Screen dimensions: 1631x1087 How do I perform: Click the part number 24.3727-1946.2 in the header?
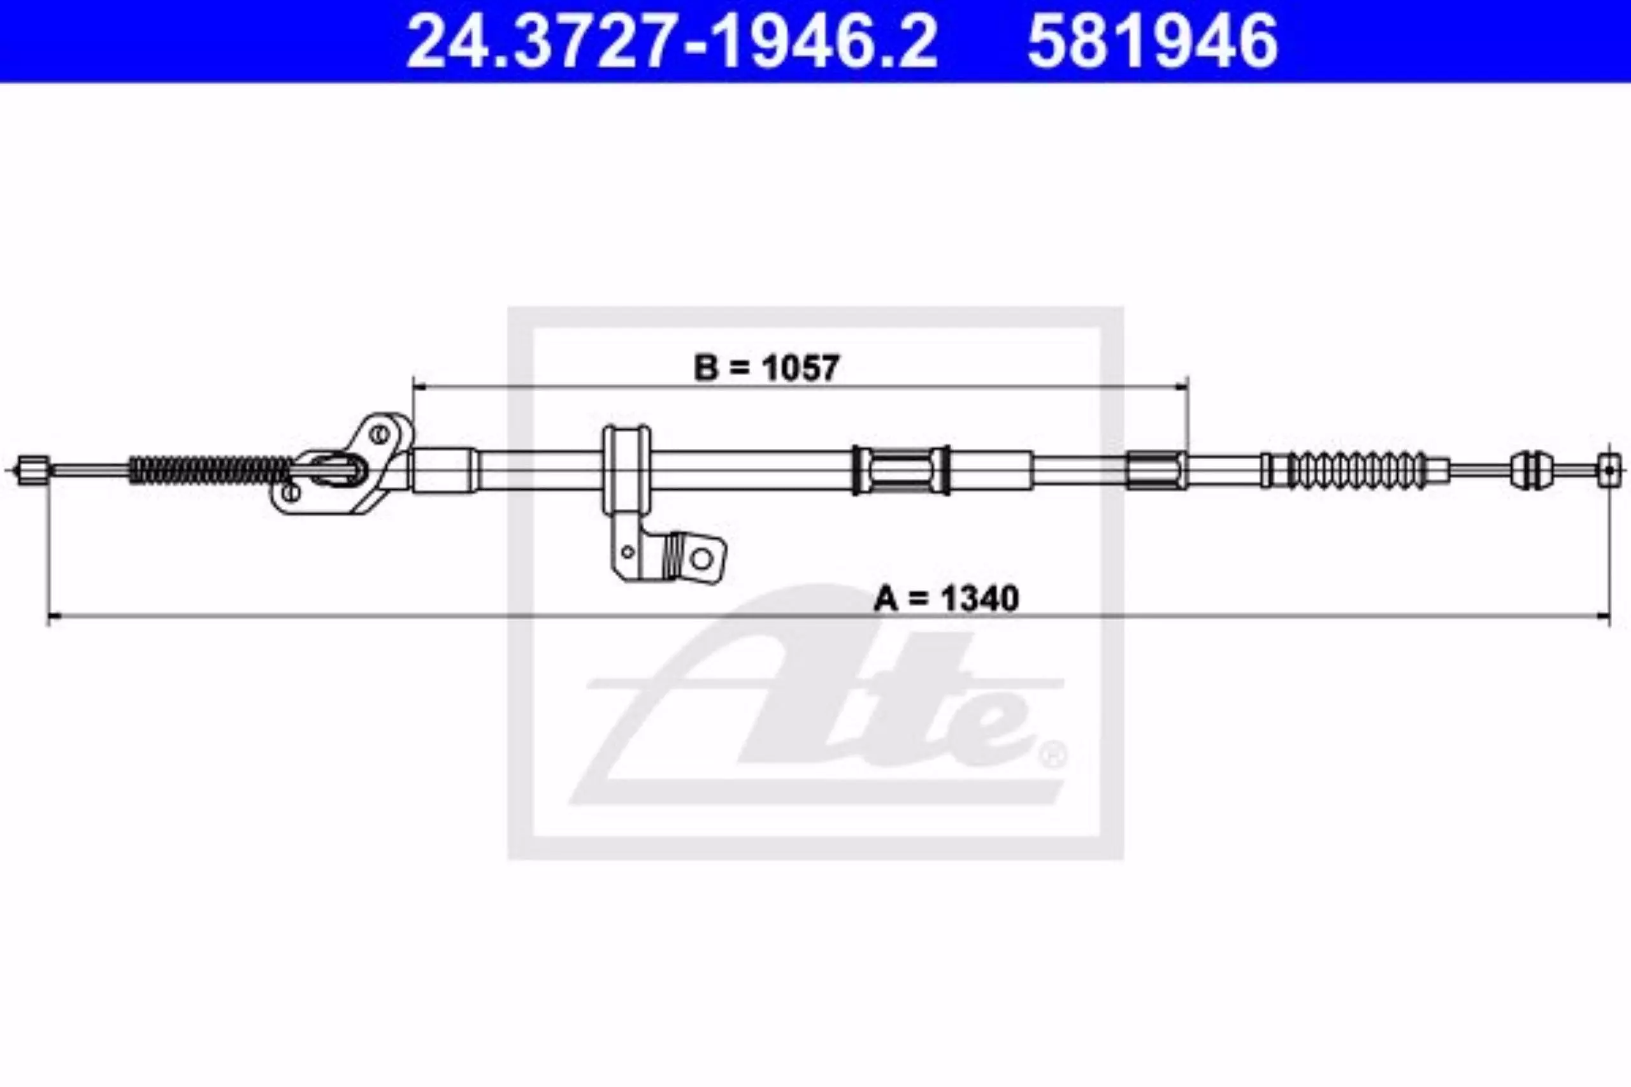[672, 41]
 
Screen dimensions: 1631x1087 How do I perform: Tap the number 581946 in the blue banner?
[1153, 41]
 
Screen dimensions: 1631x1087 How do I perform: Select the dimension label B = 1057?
[766, 367]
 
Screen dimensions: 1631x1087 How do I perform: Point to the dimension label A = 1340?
[946, 599]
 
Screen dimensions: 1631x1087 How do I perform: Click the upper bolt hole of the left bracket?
[378, 435]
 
